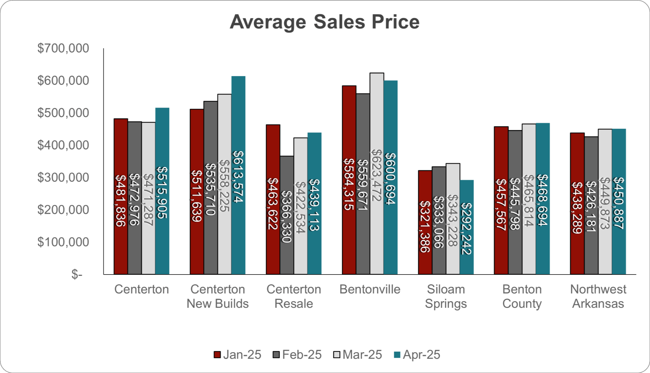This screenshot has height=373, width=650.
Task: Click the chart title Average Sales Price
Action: point(325,22)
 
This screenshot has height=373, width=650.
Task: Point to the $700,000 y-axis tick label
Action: point(63,48)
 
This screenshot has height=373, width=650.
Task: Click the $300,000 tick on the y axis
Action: point(63,178)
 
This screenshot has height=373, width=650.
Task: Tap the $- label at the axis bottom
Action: point(77,275)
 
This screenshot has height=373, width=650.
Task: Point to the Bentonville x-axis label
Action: point(370,289)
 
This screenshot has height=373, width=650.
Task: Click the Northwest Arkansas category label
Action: point(598,296)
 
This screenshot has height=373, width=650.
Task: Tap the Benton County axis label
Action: point(522,296)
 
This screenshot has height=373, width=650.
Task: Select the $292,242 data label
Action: point(467,229)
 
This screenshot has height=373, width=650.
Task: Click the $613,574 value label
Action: point(238,176)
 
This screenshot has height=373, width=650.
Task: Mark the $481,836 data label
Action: point(121,200)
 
